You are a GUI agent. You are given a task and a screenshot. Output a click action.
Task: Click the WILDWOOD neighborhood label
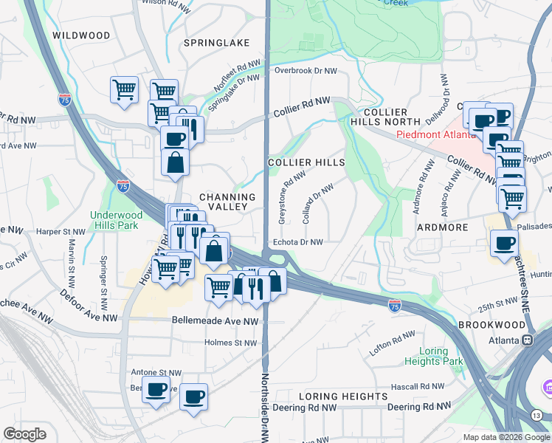point(81,35)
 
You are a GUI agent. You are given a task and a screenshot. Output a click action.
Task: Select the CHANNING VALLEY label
point(227,202)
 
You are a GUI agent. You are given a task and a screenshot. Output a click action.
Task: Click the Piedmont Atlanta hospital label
point(429,134)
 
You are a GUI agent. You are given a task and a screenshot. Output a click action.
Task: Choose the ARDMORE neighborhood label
point(443,227)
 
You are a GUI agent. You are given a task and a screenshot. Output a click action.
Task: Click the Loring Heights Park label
point(434,355)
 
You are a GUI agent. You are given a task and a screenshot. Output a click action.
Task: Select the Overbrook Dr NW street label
point(305,71)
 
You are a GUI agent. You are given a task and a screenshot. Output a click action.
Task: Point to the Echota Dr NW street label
point(298,241)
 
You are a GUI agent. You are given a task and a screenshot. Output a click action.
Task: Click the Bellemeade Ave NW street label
point(215,321)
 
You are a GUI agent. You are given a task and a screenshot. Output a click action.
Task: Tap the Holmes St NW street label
point(230,343)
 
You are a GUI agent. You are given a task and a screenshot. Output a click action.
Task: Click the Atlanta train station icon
point(528,340)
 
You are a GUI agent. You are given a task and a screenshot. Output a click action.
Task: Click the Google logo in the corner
point(24,434)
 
